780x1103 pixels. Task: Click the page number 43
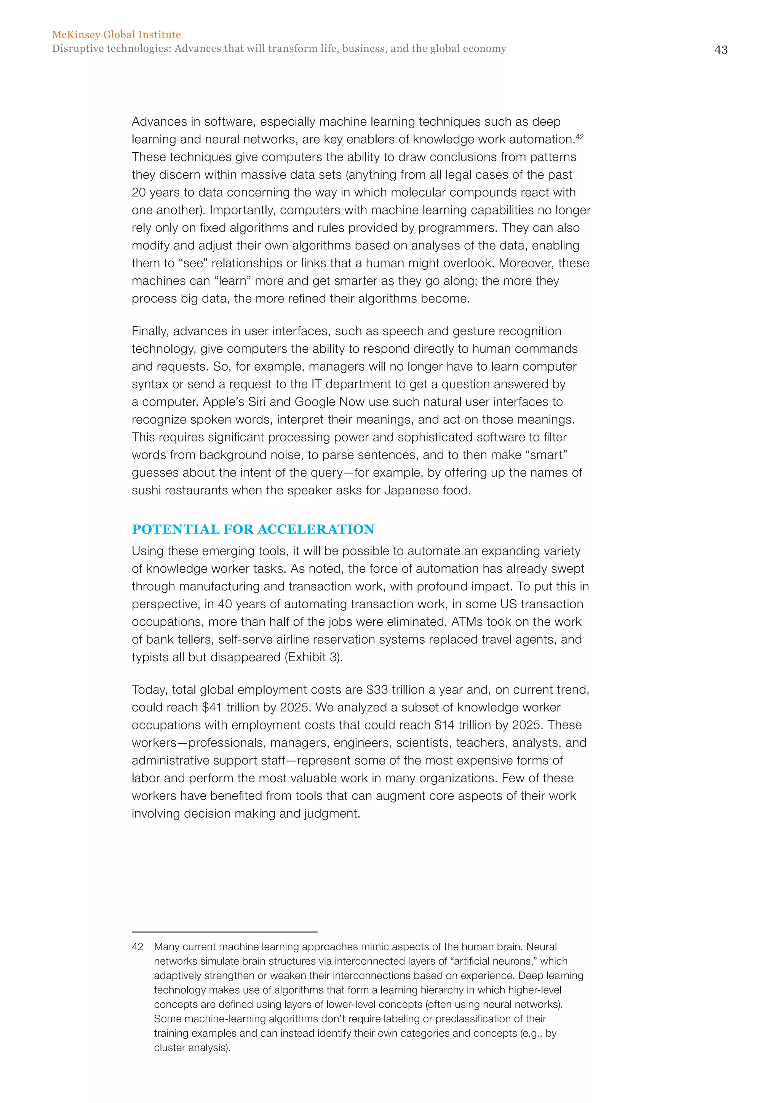721,50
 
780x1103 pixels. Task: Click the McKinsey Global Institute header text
116,35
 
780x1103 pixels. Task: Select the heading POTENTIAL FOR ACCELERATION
253,529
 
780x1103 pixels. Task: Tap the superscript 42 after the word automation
580,136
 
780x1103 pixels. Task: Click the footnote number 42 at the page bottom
137,946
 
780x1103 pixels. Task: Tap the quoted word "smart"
547,455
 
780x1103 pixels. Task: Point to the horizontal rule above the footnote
224,932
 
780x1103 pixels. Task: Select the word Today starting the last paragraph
149,690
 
